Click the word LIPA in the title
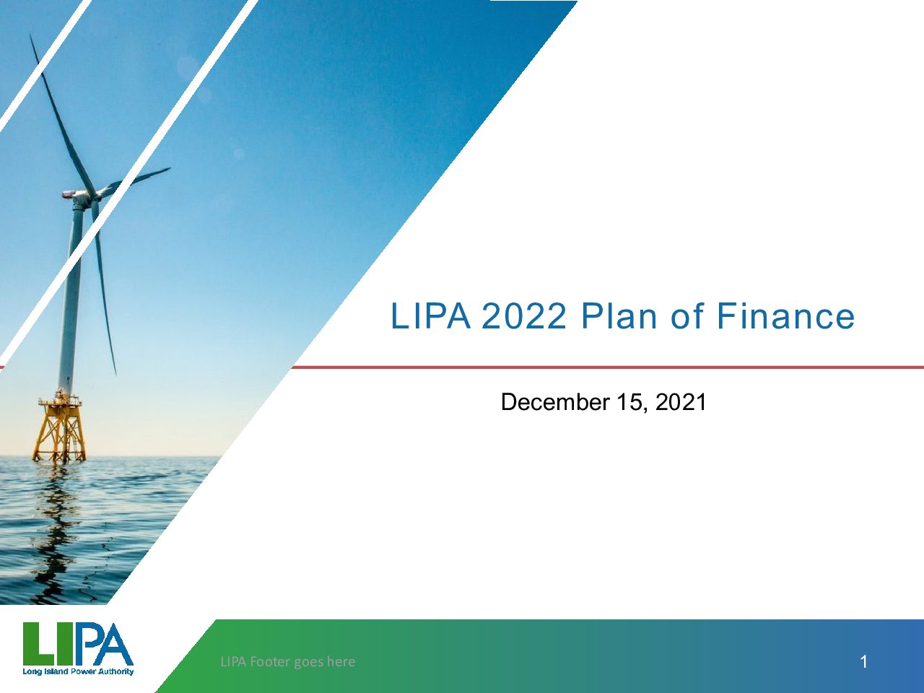(430, 315)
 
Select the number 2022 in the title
(523, 315)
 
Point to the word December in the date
(555, 401)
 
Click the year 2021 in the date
(681, 401)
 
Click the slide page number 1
(864, 662)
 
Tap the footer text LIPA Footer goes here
(288, 662)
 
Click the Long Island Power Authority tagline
(78, 671)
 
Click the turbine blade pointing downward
(103, 286)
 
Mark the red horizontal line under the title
(607, 367)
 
